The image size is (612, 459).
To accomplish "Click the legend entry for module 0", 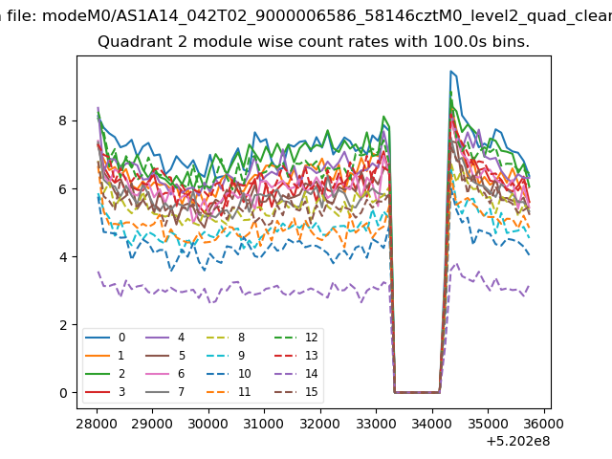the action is pyautogui.click(x=105, y=338).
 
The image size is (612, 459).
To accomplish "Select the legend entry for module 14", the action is pyautogui.click(x=296, y=374).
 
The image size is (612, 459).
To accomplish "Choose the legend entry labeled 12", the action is pyautogui.click(x=296, y=338).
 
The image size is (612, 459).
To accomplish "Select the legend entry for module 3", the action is pyautogui.click(x=105, y=391).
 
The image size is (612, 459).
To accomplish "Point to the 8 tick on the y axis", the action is pyautogui.click(x=63, y=120).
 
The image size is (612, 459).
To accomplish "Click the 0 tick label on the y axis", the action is pyautogui.click(x=63, y=393).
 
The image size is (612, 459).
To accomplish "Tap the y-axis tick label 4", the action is pyautogui.click(x=63, y=257).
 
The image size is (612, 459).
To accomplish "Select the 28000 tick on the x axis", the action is pyautogui.click(x=97, y=424).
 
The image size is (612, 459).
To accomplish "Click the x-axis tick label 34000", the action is pyautogui.click(x=432, y=424).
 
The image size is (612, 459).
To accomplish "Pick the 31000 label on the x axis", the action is pyautogui.click(x=264, y=424).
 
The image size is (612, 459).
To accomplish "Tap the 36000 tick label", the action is pyautogui.click(x=544, y=424).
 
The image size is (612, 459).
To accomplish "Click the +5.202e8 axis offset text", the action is pyautogui.click(x=518, y=442).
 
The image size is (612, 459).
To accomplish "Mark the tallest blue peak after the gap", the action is pyautogui.click(x=450, y=71).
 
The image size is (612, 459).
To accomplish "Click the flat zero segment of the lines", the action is pyautogui.click(x=417, y=392).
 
